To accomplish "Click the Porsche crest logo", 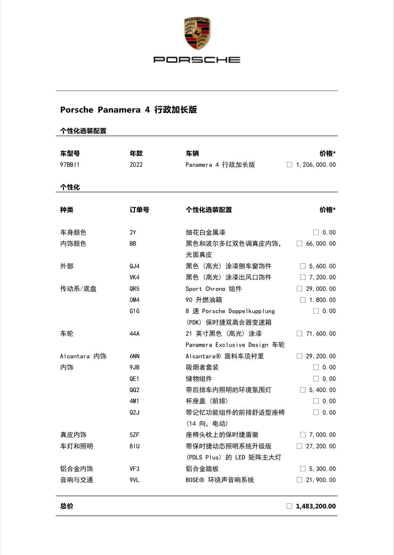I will point(197,33).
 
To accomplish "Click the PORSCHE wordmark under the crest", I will point(197,60).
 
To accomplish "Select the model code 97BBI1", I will point(70,165).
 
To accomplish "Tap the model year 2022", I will point(136,165).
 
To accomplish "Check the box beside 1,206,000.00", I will point(289,165).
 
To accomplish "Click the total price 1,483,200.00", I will point(316,506).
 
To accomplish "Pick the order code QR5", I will point(134,289).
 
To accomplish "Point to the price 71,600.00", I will point(321,333).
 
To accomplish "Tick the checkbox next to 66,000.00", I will point(299,243).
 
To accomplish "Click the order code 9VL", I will point(134,480).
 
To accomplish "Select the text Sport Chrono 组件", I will point(214,289).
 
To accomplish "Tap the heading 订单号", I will point(139,210).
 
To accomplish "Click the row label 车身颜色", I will point(73,232).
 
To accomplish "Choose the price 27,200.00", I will point(321,446).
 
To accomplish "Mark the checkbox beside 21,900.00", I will point(299,480).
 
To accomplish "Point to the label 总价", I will point(67,506).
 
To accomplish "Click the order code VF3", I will point(134,469).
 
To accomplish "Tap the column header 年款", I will point(136,153).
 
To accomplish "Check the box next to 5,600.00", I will point(303,266).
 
